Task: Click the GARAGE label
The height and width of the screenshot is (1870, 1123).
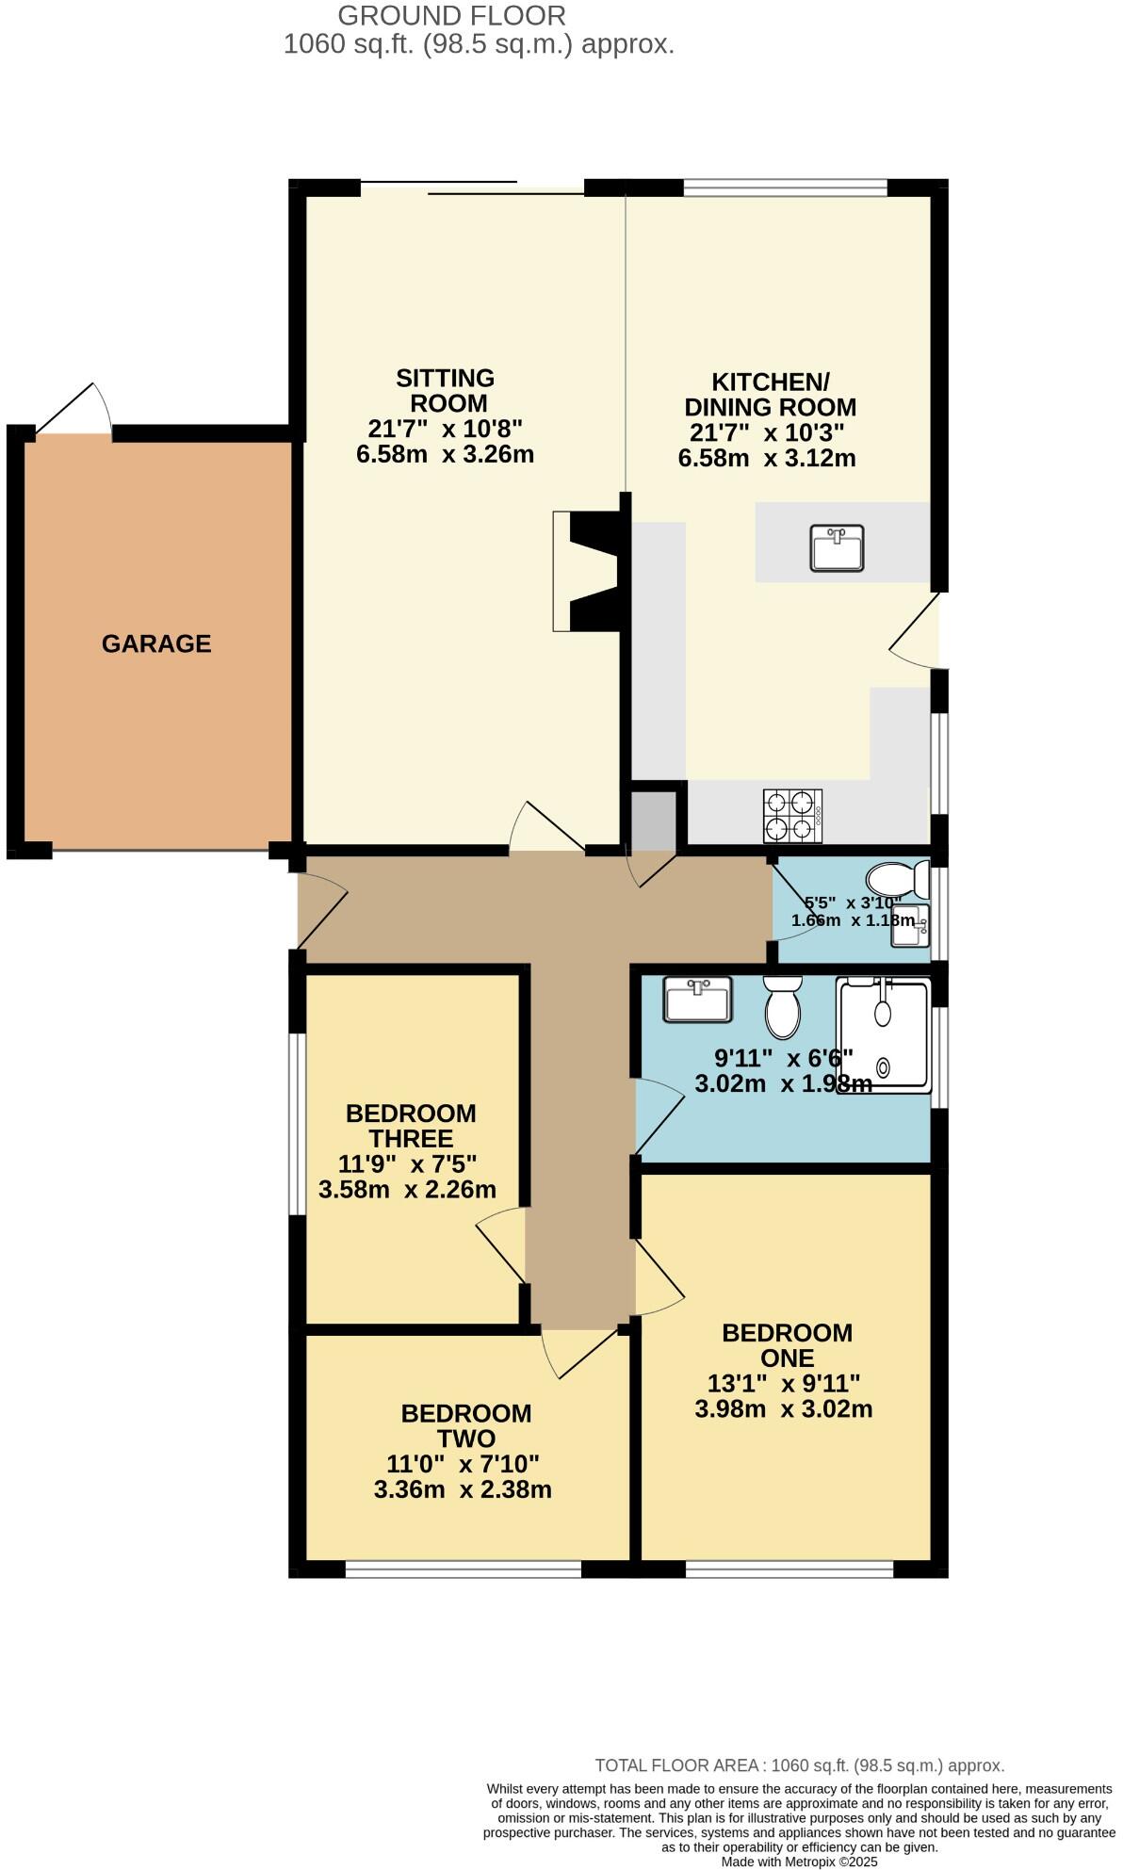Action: point(156,643)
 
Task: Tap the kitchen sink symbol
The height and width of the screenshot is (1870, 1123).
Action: point(837,548)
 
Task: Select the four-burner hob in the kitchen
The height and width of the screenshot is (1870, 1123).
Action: point(792,816)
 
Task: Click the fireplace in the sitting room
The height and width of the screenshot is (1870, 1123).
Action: point(587,571)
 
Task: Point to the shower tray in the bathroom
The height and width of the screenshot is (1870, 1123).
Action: point(884,1035)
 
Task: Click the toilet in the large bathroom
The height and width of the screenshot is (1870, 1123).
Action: point(782,1008)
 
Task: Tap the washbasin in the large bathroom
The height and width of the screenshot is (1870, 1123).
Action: point(697,1000)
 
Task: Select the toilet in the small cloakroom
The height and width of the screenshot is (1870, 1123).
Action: point(896,880)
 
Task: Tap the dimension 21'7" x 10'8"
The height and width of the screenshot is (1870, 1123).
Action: point(445,429)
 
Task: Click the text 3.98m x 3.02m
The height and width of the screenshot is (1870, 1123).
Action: point(784,1409)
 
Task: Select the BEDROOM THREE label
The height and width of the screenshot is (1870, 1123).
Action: point(411,1126)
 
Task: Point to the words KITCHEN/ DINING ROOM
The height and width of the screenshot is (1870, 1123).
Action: point(770,395)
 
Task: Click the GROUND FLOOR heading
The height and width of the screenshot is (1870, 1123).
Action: point(451,15)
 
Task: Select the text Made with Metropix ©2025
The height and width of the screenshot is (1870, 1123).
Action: point(799,1862)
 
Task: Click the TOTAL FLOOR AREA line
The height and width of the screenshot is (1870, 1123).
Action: point(799,1765)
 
